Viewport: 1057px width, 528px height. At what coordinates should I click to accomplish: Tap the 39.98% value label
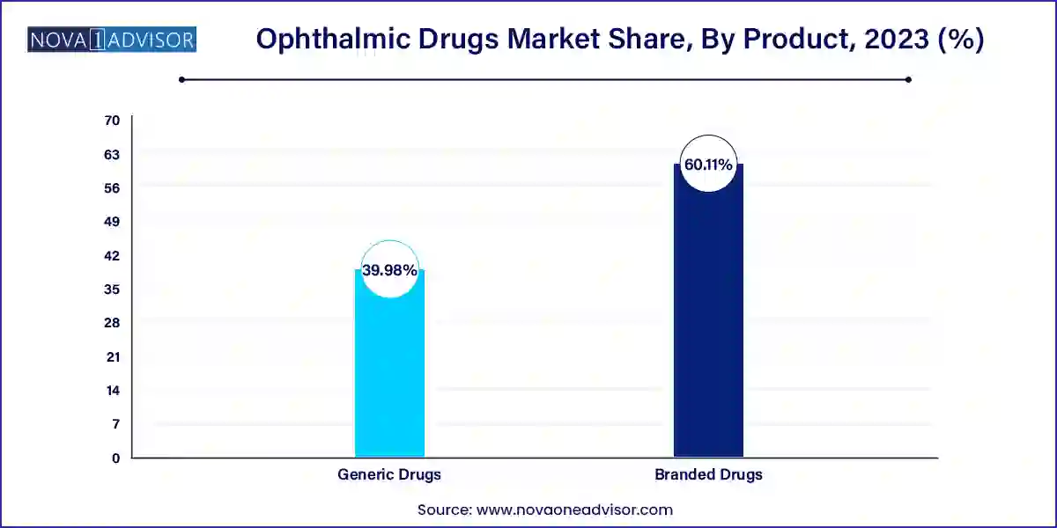click(x=389, y=270)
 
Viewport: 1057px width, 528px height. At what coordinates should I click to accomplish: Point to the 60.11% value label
click(x=708, y=164)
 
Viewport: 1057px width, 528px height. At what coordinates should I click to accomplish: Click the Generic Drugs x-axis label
click(x=389, y=474)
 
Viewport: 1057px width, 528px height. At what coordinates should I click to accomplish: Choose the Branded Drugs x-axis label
click(x=708, y=474)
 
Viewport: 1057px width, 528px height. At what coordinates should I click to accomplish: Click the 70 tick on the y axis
click(x=112, y=120)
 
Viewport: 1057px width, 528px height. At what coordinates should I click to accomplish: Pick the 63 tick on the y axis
click(x=112, y=154)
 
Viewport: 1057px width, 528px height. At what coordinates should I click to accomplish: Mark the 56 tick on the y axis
click(x=112, y=187)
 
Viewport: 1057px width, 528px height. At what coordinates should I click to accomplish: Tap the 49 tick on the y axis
click(x=112, y=221)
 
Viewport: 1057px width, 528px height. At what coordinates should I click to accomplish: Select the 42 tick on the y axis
click(x=112, y=255)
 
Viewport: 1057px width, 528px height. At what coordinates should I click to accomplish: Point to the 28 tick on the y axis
click(x=112, y=323)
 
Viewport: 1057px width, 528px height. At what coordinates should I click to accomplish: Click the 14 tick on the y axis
click(x=112, y=390)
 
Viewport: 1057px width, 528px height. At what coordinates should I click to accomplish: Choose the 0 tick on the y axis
click(x=115, y=458)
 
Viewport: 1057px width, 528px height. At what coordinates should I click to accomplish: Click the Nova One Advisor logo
click(x=112, y=40)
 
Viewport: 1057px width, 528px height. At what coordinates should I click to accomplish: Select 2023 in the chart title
click(x=891, y=40)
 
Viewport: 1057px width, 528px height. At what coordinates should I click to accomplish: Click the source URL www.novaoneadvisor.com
click(x=575, y=510)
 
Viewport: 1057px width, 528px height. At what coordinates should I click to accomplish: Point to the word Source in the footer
click(x=444, y=510)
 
